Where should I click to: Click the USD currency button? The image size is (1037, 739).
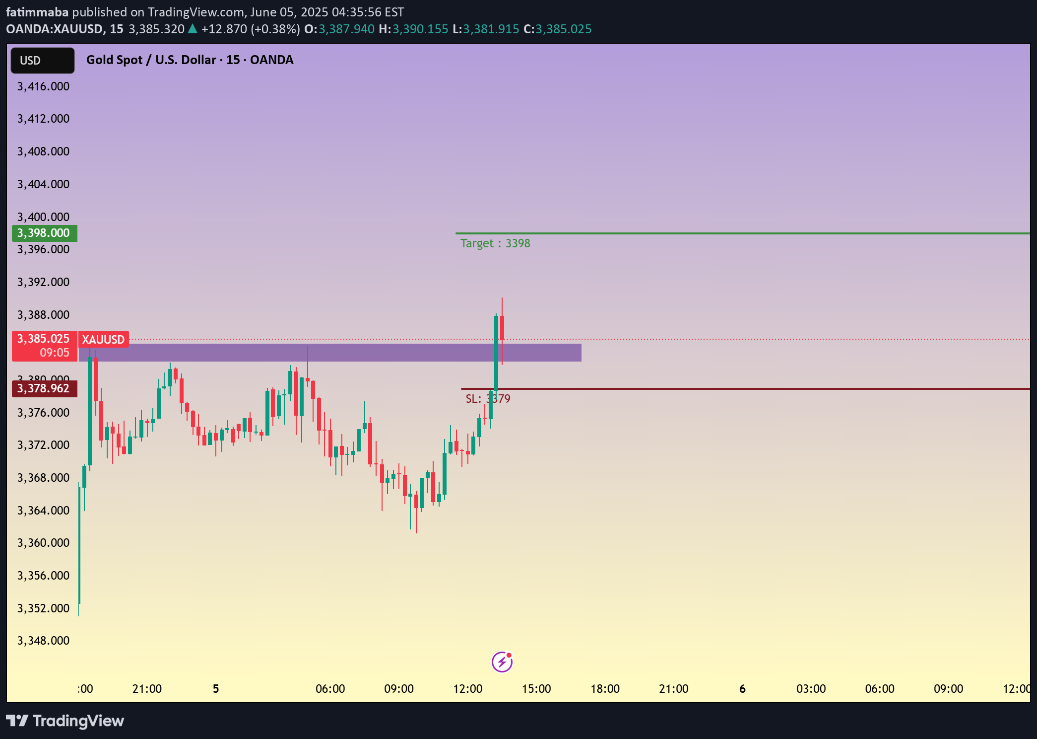(x=42, y=61)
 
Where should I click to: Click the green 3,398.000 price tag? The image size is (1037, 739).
(x=44, y=233)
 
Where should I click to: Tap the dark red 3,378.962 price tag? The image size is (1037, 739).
(x=44, y=388)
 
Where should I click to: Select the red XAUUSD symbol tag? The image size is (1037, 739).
(x=103, y=340)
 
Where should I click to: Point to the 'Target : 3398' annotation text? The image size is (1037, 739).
(x=495, y=243)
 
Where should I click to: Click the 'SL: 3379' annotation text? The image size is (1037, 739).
(x=487, y=399)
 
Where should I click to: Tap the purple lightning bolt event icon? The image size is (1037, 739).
(x=502, y=662)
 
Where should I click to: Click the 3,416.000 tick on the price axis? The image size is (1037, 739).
(x=44, y=86)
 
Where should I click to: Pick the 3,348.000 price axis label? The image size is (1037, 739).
(x=44, y=641)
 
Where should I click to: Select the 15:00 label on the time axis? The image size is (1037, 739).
(x=536, y=689)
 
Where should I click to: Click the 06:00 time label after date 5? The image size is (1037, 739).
(x=330, y=689)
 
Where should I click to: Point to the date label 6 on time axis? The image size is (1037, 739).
(x=742, y=689)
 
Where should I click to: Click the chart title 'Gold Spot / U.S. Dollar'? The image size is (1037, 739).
(x=151, y=60)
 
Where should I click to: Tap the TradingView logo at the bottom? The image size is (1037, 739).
(x=65, y=721)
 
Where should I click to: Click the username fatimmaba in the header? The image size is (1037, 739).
(x=37, y=12)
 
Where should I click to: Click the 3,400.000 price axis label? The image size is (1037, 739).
(x=44, y=217)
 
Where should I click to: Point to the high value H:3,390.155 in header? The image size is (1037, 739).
(x=413, y=29)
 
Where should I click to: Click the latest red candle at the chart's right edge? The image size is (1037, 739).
(x=502, y=328)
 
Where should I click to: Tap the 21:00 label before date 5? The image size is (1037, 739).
(x=147, y=689)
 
